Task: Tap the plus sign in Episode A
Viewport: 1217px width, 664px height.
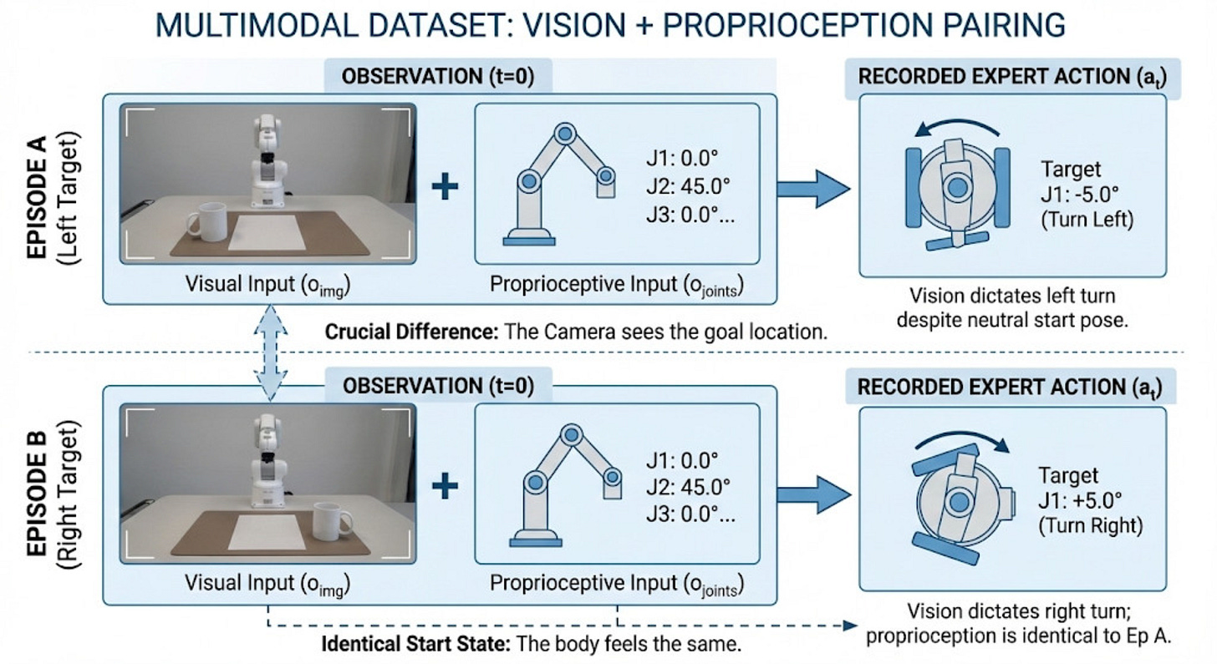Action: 445,185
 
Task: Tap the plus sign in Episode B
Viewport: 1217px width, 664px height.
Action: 445,485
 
